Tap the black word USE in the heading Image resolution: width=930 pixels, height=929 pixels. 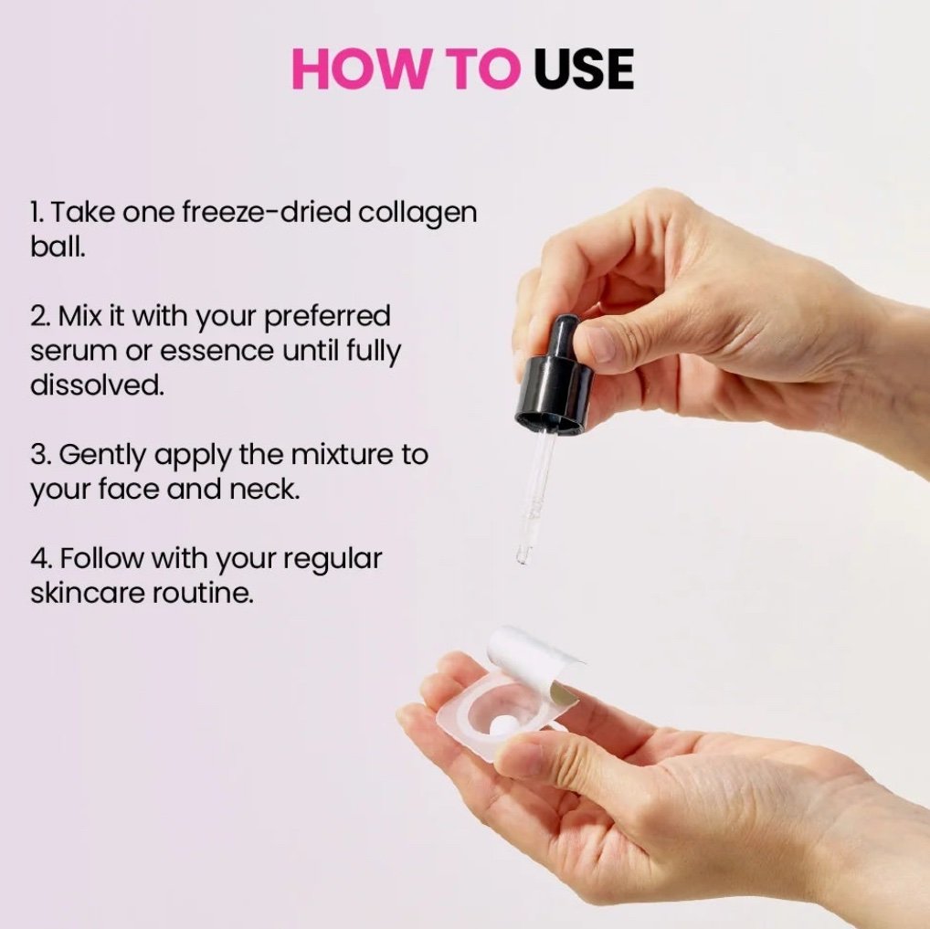point(584,69)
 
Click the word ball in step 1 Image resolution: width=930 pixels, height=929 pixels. point(58,247)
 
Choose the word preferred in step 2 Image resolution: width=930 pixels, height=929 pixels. point(327,317)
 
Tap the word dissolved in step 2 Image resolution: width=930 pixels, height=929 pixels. point(97,385)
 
